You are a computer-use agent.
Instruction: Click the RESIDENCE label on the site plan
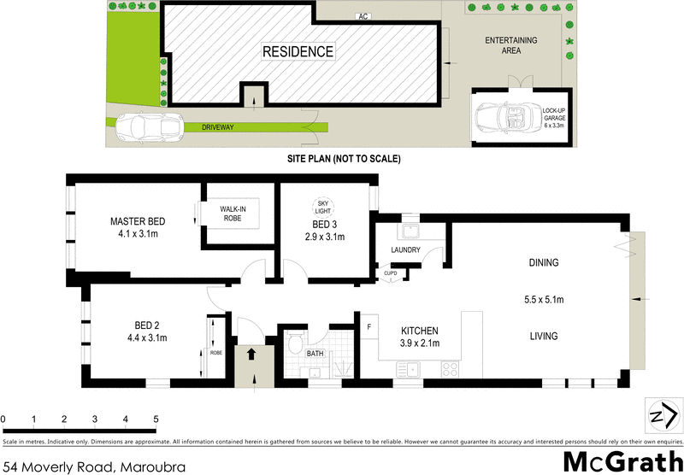[x=298, y=51]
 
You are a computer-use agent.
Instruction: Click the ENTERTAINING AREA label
[x=510, y=45]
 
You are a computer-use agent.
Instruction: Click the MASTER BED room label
[x=138, y=222]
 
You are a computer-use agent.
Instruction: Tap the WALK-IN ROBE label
[x=234, y=214]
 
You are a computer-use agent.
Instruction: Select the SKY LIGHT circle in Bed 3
[x=323, y=205]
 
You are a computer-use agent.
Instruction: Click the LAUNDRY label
[x=404, y=250]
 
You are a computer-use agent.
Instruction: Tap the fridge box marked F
[x=369, y=326]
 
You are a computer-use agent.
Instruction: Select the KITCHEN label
[x=420, y=331]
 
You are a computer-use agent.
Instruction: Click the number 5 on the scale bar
[x=156, y=419]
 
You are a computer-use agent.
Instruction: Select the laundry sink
[x=408, y=230]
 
